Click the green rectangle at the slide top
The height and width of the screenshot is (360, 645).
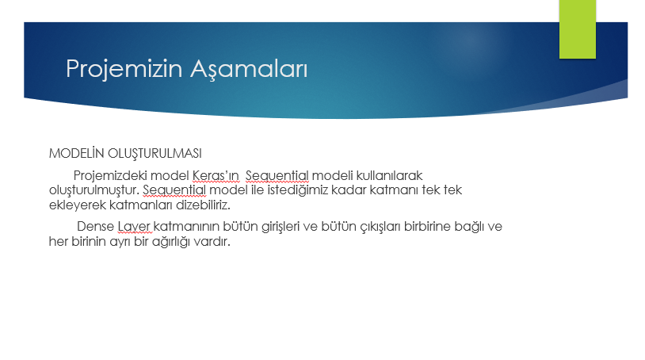pyautogui.click(x=577, y=29)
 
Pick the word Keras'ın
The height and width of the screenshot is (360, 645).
pyautogui.click(x=216, y=174)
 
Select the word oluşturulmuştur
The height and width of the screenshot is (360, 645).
pyautogui.click(x=94, y=190)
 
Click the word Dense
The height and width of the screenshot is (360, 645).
pyautogui.click(x=95, y=227)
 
